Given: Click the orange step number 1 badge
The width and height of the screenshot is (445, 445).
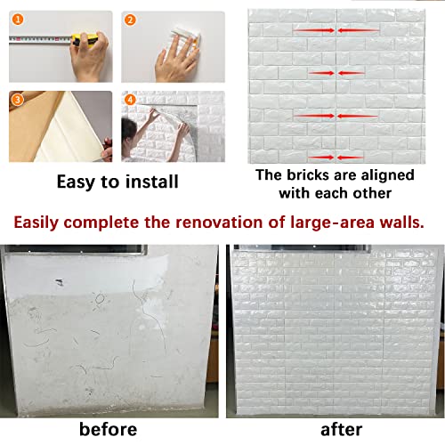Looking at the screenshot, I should (17, 18).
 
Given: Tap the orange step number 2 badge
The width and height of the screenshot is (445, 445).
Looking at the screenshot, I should (130, 18).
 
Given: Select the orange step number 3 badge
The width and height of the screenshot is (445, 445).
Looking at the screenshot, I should (17, 99).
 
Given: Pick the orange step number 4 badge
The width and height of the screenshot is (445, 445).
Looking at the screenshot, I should (130, 99).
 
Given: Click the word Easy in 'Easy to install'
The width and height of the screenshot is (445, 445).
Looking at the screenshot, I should (77, 182).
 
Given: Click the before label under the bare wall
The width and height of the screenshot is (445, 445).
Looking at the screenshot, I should (109, 429).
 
